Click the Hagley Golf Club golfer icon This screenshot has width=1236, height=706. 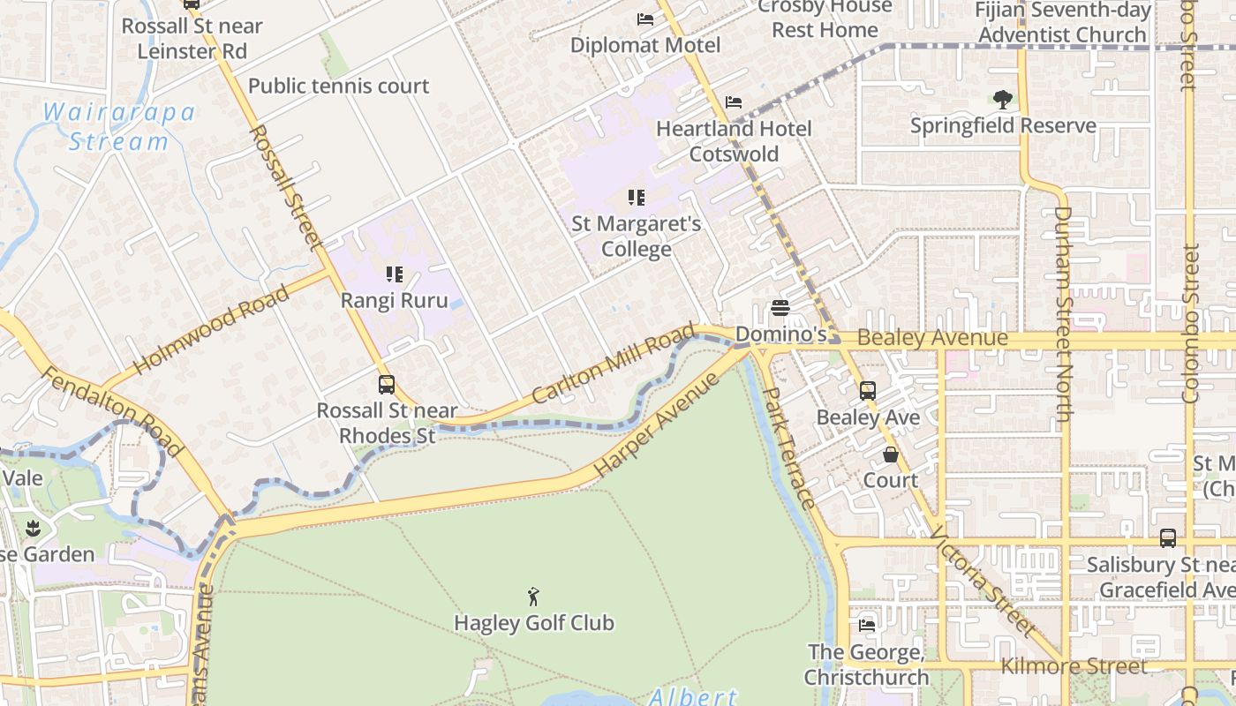[x=533, y=597]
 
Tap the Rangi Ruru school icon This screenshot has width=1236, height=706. [x=395, y=274]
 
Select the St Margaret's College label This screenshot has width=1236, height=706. [x=637, y=237]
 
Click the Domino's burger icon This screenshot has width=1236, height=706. [x=780, y=308]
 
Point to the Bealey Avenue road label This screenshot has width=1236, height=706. [x=932, y=338]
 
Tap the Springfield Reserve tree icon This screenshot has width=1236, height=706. [x=1002, y=100]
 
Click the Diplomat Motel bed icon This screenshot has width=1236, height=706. [x=645, y=19]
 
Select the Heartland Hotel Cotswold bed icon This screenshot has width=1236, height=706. [x=734, y=102]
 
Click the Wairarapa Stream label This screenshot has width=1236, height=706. [x=119, y=127]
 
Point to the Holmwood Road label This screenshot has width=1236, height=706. [x=211, y=330]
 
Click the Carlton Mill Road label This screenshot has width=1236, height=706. [x=614, y=364]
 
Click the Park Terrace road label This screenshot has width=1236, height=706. [x=788, y=447]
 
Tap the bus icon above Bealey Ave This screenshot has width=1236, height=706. [x=868, y=391]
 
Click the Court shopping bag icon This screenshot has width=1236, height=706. [x=891, y=455]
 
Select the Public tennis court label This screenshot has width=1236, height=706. [x=339, y=86]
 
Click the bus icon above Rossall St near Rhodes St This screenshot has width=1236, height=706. [x=387, y=385]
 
